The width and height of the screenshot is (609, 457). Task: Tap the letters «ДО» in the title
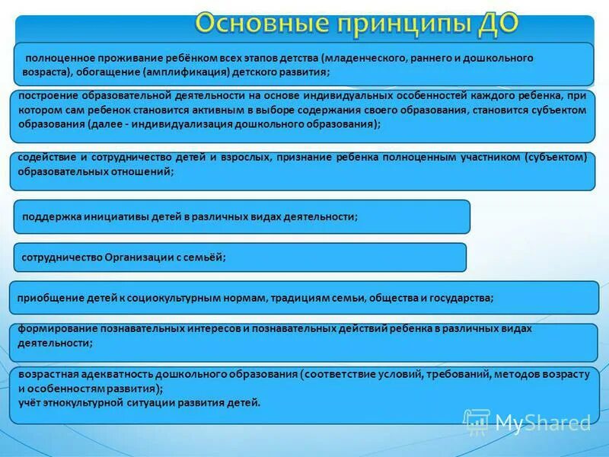tap(494, 24)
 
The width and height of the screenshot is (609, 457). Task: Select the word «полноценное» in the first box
tap(57, 58)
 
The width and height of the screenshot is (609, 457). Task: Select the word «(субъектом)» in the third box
tap(556, 158)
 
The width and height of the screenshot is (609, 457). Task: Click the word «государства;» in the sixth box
tap(462, 299)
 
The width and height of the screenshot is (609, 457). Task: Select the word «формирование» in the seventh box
tap(51, 329)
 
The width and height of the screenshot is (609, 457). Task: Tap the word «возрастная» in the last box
tap(44, 376)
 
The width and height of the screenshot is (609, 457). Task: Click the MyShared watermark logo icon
tap(477, 421)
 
